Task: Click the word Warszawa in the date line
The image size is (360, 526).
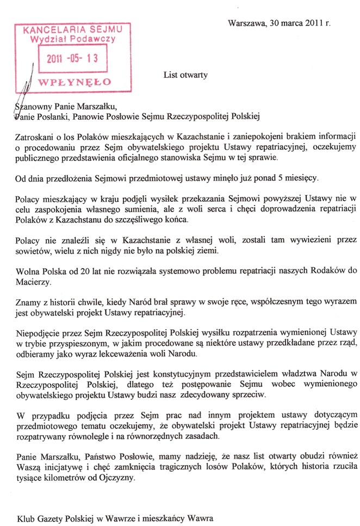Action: pos(246,23)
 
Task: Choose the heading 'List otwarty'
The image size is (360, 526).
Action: pos(185,75)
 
